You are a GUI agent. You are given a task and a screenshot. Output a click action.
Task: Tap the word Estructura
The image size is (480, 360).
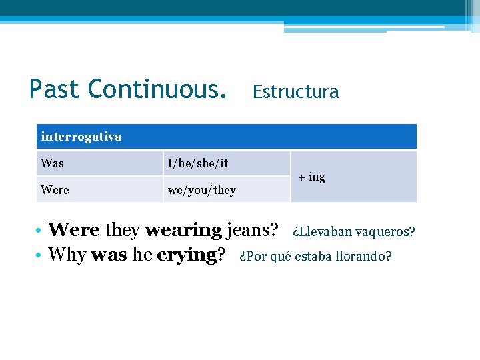tap(295, 92)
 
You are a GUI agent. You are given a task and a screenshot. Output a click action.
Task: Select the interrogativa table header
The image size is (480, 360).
tap(81, 137)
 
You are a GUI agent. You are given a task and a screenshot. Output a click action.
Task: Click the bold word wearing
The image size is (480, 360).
tap(183, 231)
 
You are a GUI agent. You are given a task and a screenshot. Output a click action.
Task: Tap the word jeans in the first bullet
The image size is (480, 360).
tap(252, 231)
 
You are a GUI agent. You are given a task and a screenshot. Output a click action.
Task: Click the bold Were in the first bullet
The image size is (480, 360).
tap(74, 231)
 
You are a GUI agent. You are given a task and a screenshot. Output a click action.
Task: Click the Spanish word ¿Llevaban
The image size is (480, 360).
tap(322, 232)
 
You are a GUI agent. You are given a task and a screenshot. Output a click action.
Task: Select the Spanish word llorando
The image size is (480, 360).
tap(365, 256)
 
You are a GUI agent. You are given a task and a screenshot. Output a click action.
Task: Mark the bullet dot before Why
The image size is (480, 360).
tap(41, 255)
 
